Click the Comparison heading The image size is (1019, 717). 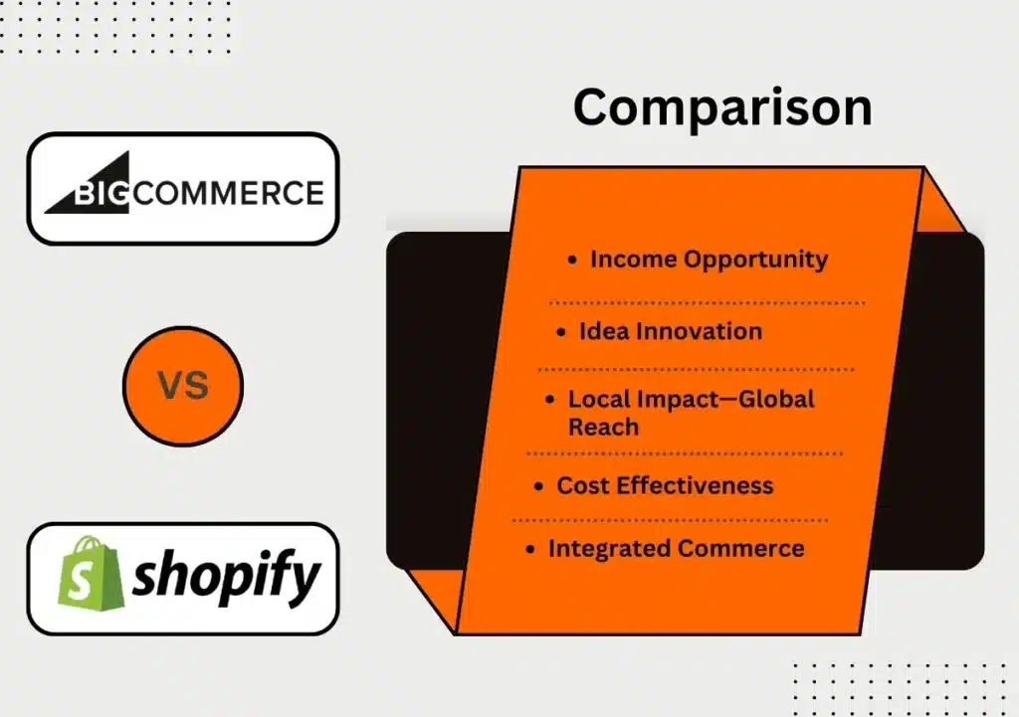tap(722, 108)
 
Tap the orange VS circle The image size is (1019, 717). tap(183, 386)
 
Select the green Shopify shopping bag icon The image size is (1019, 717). tap(90, 573)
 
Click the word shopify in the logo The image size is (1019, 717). tap(227, 576)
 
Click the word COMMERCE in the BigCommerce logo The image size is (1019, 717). tap(228, 193)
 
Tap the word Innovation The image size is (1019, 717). tap(699, 331)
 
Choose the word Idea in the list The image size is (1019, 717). tap(604, 331)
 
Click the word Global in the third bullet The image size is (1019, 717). tap(776, 399)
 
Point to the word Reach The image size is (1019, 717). tap(603, 428)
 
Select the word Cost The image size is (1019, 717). tap(583, 486)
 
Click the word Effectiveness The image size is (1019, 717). tap(695, 486)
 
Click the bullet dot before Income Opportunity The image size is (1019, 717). tap(572, 261)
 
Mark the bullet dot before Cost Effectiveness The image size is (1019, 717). tap(538, 486)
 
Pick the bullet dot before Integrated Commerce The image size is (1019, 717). tap(530, 550)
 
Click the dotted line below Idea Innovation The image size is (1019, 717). tap(696, 370)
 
